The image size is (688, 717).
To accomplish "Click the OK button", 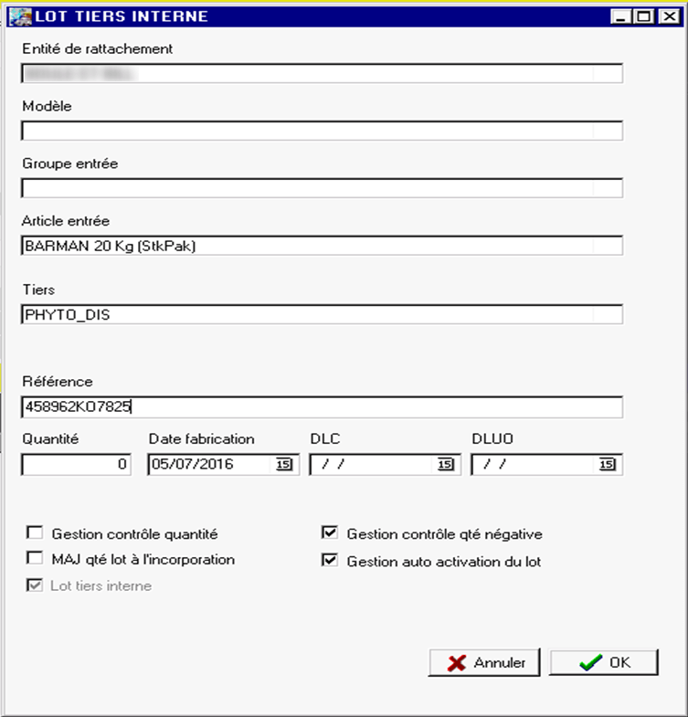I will (x=604, y=663).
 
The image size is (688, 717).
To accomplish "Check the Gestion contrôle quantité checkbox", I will (x=35, y=533).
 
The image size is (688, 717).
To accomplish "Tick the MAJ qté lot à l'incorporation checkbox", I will (x=35, y=559).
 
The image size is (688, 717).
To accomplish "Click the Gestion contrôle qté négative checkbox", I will (x=330, y=533).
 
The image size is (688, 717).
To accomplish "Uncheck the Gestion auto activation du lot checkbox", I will (x=330, y=561).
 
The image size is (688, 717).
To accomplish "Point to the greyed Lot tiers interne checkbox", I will (x=35, y=585).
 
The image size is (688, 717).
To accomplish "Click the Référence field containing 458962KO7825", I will (x=322, y=406).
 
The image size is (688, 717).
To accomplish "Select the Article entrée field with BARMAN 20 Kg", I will (x=322, y=245).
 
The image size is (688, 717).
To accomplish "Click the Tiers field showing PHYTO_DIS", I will (x=322, y=314).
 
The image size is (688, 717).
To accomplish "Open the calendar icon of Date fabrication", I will (x=283, y=465).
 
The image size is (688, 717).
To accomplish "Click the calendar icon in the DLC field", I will (x=446, y=465).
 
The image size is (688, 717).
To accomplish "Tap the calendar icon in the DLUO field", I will (x=608, y=465).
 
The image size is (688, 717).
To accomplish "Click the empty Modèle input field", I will (x=322, y=131).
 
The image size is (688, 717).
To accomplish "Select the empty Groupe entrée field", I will (x=322, y=188).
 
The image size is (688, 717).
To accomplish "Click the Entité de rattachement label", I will (x=98, y=48).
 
